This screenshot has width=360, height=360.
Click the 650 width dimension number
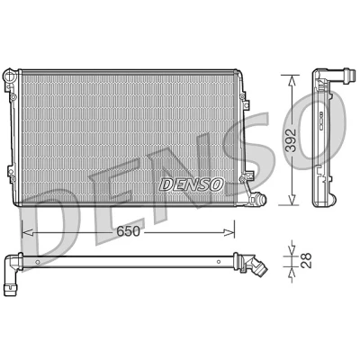pyautogui.click(x=128, y=231)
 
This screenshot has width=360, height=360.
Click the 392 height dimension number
pyautogui.click(x=291, y=140)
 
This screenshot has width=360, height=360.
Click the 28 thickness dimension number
pyautogui.click(x=307, y=260)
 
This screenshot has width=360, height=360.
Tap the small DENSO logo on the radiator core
pyautogui.click(x=192, y=184)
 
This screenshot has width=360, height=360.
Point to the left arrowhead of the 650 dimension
pyautogui.click(x=28, y=232)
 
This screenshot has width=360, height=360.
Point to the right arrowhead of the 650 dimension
pyautogui.click(x=229, y=232)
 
